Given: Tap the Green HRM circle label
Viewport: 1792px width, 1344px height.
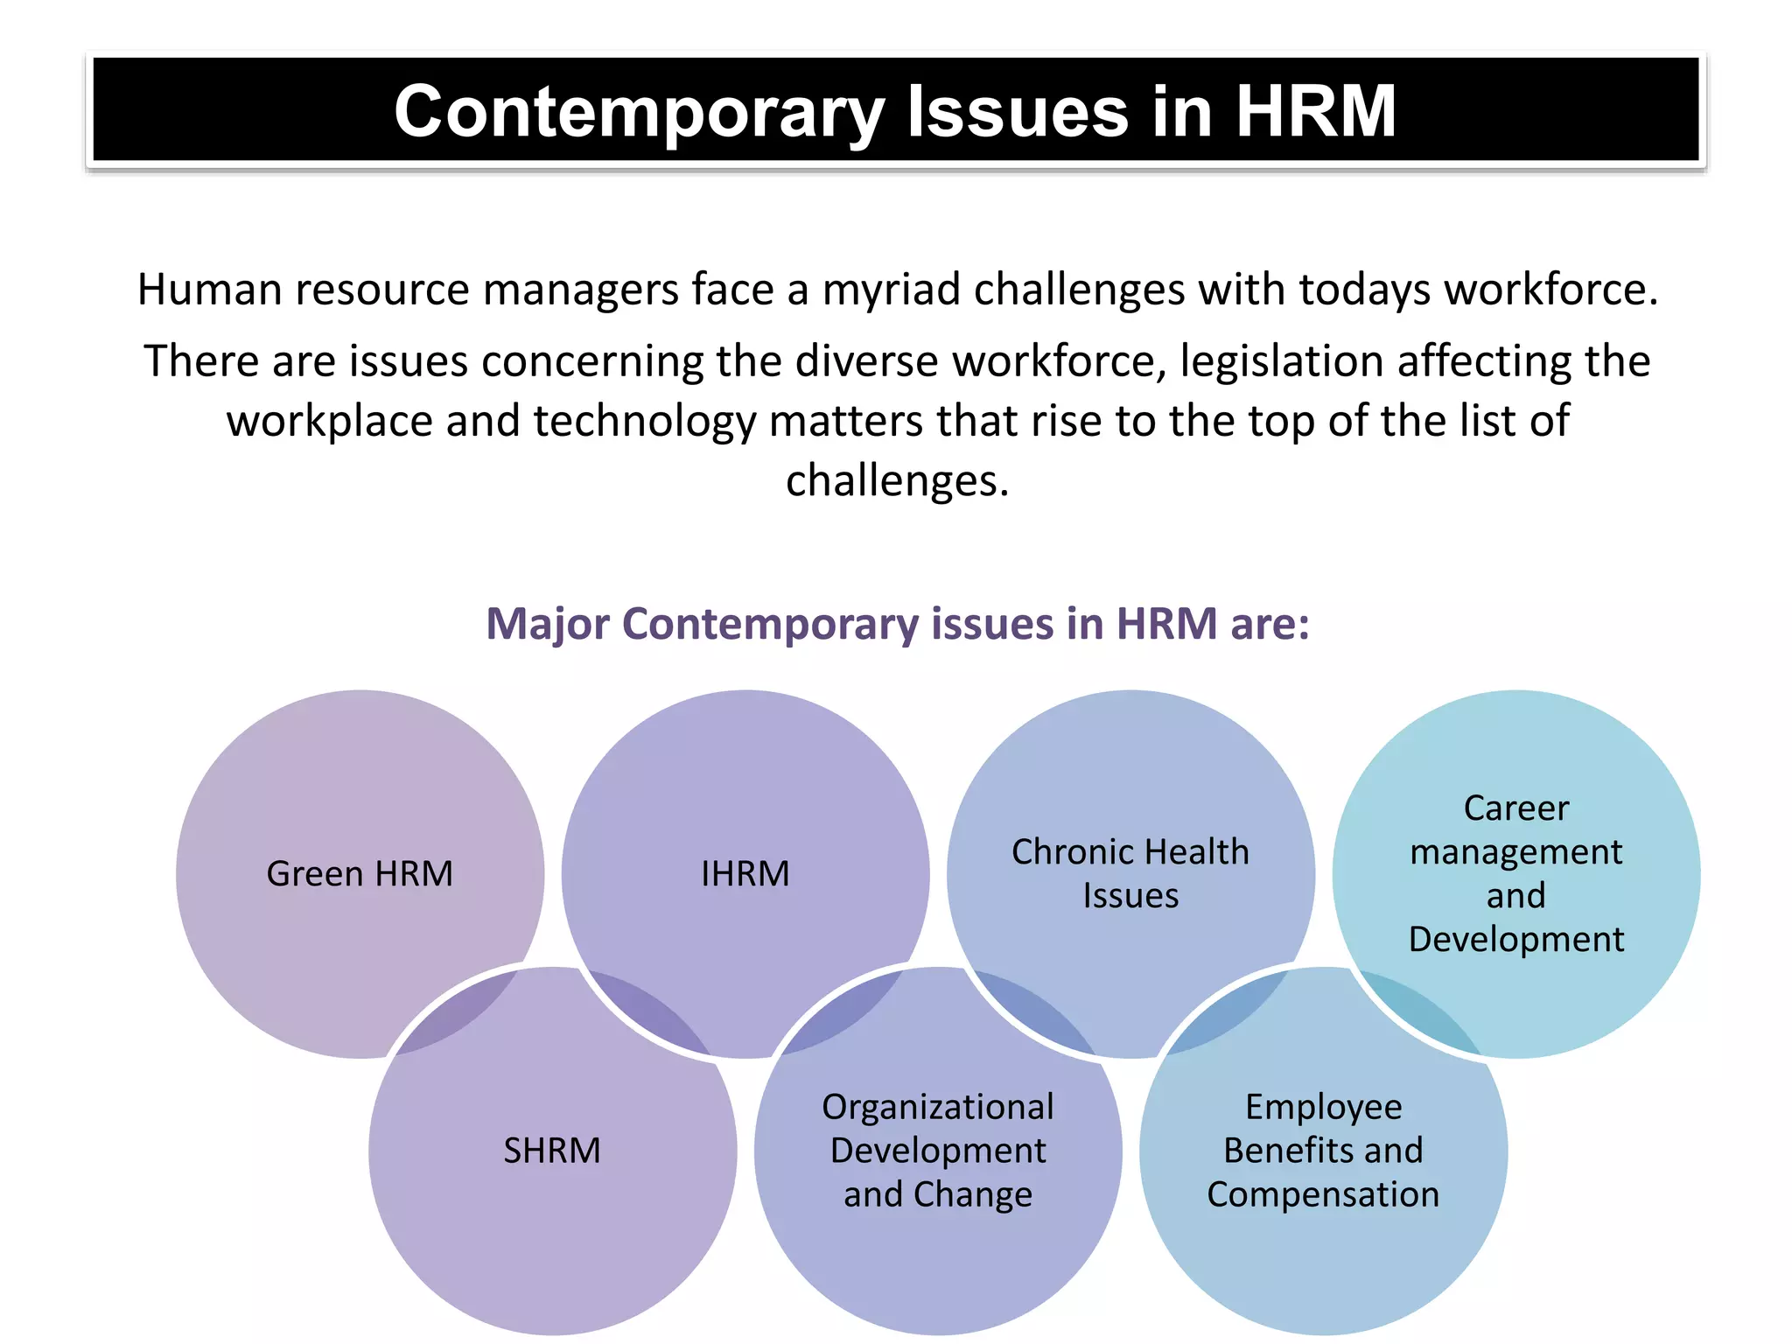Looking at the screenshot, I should click(x=360, y=874).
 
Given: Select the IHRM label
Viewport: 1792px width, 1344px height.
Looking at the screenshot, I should click(x=745, y=874).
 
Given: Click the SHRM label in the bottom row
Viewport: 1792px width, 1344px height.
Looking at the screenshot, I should click(x=552, y=1151).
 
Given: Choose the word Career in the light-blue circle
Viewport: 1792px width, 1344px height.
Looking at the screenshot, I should click(x=1516, y=808).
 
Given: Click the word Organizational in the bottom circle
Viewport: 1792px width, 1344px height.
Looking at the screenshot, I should click(x=938, y=1107).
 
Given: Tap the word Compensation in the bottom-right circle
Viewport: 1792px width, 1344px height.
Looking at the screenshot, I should click(x=1323, y=1194).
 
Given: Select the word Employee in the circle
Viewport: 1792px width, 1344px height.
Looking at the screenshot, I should click(x=1323, y=1107).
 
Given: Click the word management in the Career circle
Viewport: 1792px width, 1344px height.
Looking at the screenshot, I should click(x=1516, y=852).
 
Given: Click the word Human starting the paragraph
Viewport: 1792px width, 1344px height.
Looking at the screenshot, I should click(x=209, y=290).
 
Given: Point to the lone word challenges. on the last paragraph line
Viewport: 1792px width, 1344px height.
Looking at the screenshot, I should click(x=897, y=480).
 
